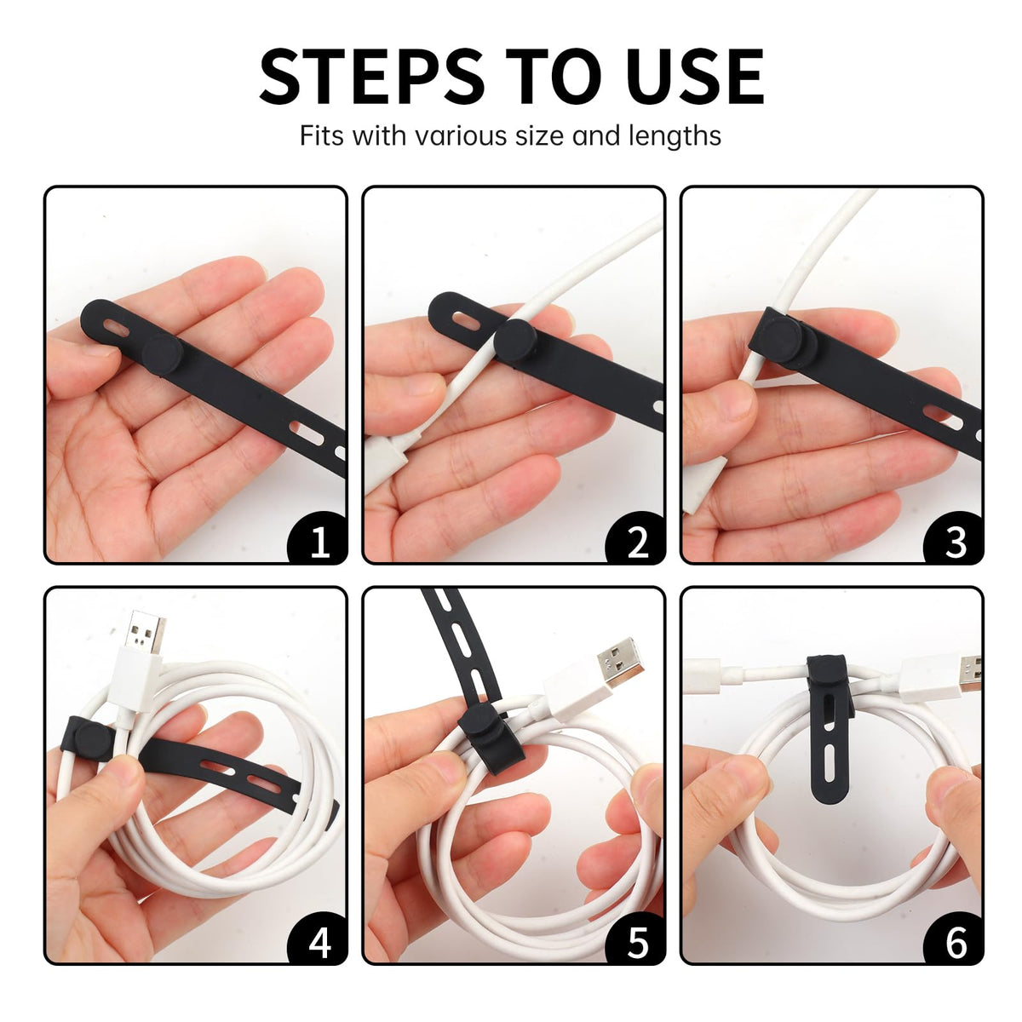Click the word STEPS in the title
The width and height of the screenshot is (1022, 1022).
click(372, 77)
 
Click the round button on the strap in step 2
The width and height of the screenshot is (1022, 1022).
click(515, 341)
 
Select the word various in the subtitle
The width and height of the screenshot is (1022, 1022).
click(461, 135)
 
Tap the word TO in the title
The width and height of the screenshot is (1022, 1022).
click(552, 77)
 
